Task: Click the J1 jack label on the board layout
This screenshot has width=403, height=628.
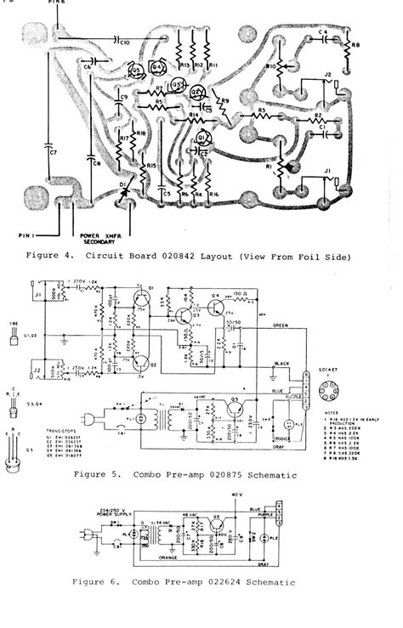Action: coord(327,173)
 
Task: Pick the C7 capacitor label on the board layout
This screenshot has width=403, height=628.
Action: coord(53,153)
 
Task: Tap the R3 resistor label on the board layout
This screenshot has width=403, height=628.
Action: coord(262,110)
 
